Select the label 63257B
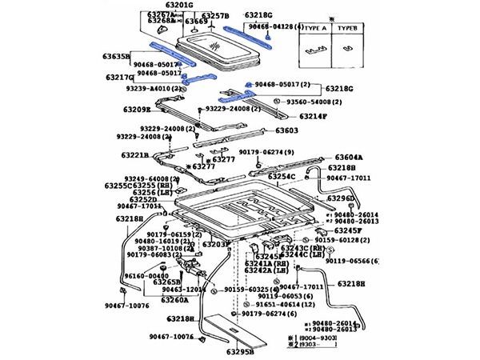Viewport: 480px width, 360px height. pos(214,15)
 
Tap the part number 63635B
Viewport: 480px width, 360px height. pos(114,57)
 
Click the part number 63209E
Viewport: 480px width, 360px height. pos(136,110)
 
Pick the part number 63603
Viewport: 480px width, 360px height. pos(287,130)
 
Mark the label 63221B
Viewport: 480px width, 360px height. pos(135,155)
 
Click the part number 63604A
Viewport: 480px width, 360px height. pos(350,158)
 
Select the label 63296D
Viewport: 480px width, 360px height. pos(339,198)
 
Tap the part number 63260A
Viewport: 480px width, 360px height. pos(174,300)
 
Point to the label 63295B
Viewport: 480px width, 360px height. pos(239,350)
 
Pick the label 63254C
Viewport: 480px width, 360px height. pos(282,176)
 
